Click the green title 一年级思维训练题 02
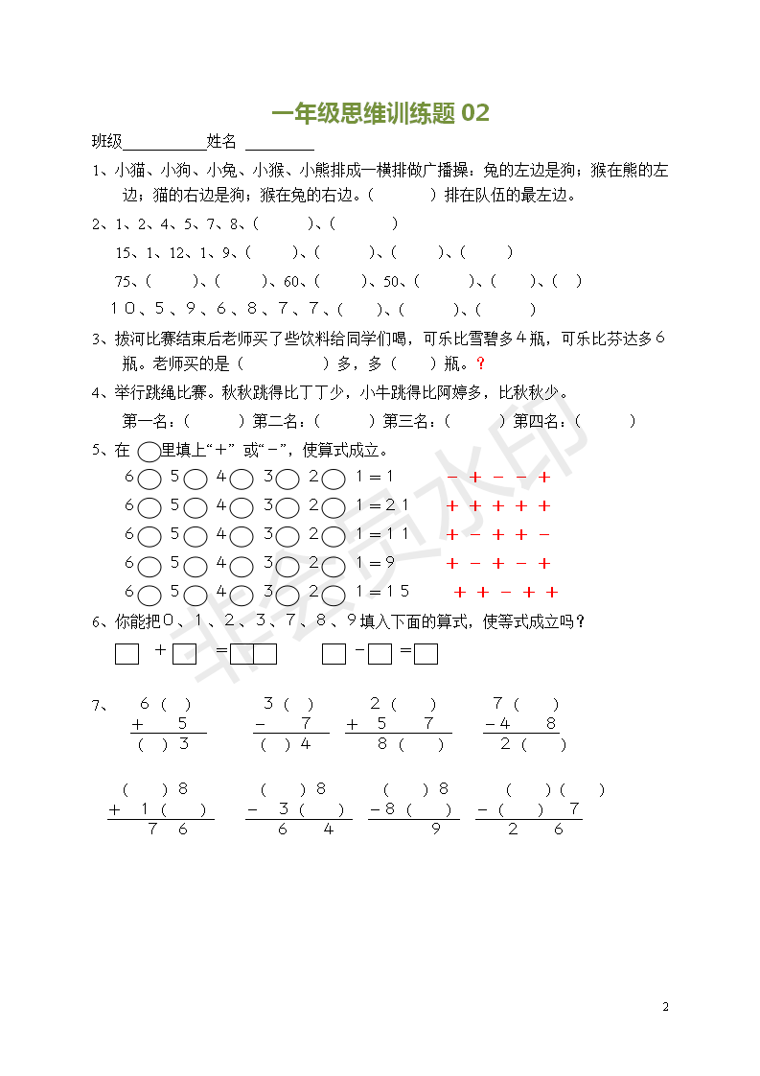tap(380, 113)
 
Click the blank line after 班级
tap(164, 143)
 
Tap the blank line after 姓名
tap(279, 143)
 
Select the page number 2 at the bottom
tap(665, 1007)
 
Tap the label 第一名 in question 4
tap(147, 420)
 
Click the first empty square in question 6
tap(127, 654)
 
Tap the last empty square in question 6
tap(426, 654)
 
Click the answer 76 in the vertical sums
tap(168, 830)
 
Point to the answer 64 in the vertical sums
tap(306, 830)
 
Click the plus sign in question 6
tap(159, 651)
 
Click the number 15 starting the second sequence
tap(124, 252)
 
